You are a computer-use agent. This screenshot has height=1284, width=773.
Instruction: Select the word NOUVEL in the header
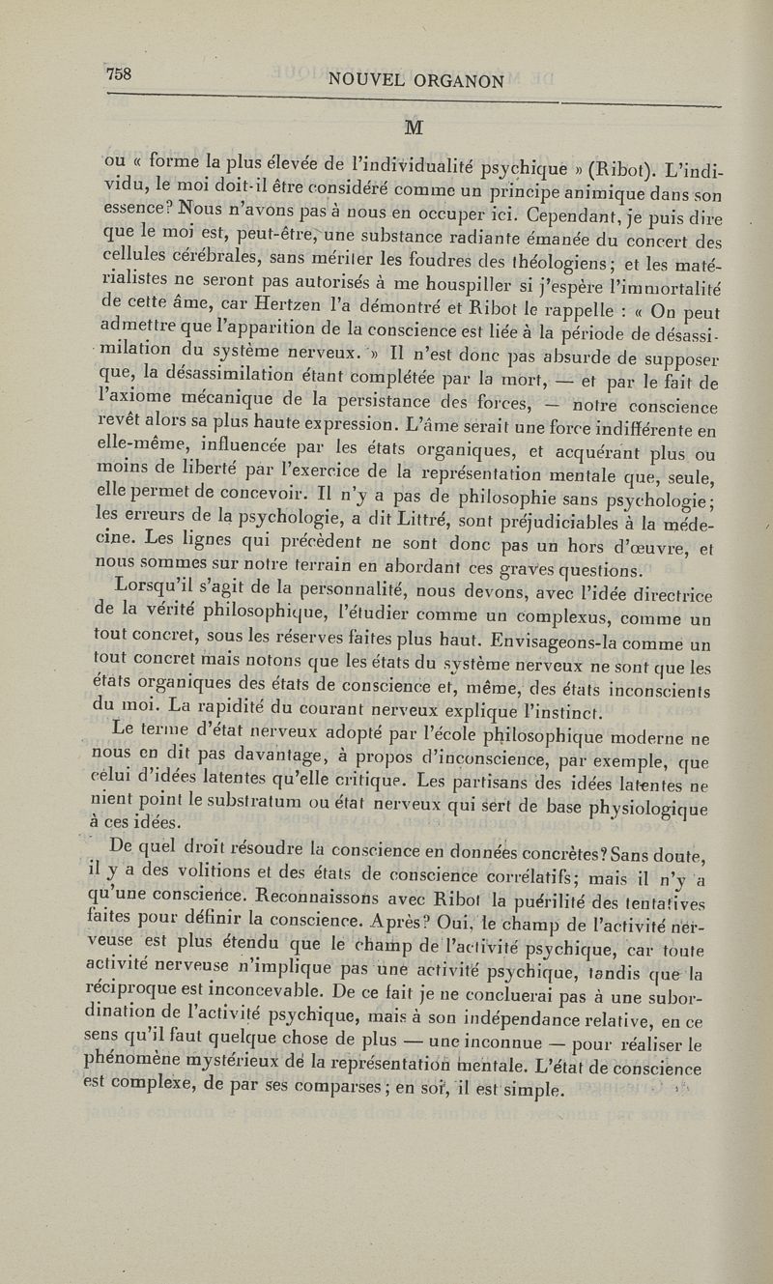[x=365, y=82]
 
